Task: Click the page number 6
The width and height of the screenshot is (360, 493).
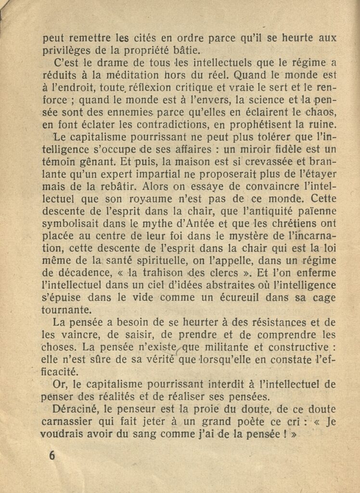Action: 52,455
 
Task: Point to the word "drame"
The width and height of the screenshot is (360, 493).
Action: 103,63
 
